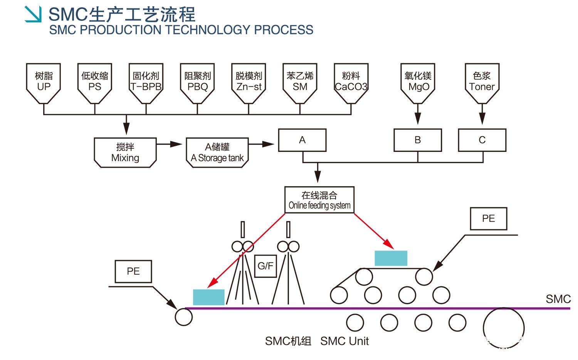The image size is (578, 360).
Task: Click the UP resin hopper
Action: point(44,82)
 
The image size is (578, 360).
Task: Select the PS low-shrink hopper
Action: point(95,82)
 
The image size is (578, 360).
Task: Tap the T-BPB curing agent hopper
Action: point(146,82)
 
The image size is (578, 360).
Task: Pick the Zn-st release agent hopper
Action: point(249,82)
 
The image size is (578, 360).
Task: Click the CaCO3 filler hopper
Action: point(351,82)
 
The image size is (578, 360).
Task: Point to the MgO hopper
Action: point(418,82)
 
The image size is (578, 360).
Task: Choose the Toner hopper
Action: point(482,82)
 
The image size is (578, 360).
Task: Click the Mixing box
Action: point(125,153)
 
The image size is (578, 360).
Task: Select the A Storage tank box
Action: point(217,153)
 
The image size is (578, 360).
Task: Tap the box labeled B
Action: point(418,140)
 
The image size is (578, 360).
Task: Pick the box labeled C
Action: point(482,140)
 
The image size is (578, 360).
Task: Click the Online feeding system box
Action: point(319,200)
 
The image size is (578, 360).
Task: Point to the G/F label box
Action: point(265,266)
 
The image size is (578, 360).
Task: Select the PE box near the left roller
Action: point(133,271)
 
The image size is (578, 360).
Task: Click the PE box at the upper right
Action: point(489,219)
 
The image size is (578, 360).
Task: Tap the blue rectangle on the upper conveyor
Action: point(391,258)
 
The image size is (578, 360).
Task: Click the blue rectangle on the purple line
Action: point(208,297)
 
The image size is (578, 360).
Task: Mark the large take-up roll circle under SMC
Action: point(504,328)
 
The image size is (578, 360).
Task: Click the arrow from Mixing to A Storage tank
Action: point(170,144)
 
